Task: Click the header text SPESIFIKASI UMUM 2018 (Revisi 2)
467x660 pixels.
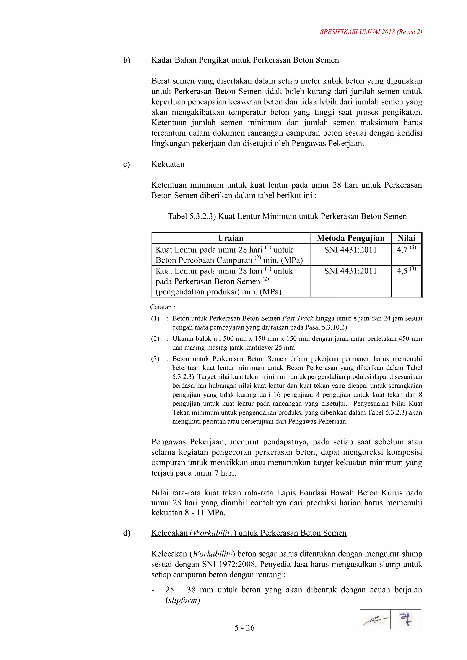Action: click(371, 32)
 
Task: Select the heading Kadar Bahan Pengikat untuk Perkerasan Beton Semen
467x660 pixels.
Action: click(245, 60)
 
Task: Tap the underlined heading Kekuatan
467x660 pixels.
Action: click(168, 164)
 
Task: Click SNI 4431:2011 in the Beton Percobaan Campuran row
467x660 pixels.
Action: click(350, 250)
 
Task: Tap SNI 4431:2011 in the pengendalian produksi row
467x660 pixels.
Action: click(350, 271)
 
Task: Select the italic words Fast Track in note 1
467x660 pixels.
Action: click(297, 319)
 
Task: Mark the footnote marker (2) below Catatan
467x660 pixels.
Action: click(155, 339)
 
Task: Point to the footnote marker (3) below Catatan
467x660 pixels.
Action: click(155, 359)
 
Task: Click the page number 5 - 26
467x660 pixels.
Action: click(244, 628)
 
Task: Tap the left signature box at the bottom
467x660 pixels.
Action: click(375, 619)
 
